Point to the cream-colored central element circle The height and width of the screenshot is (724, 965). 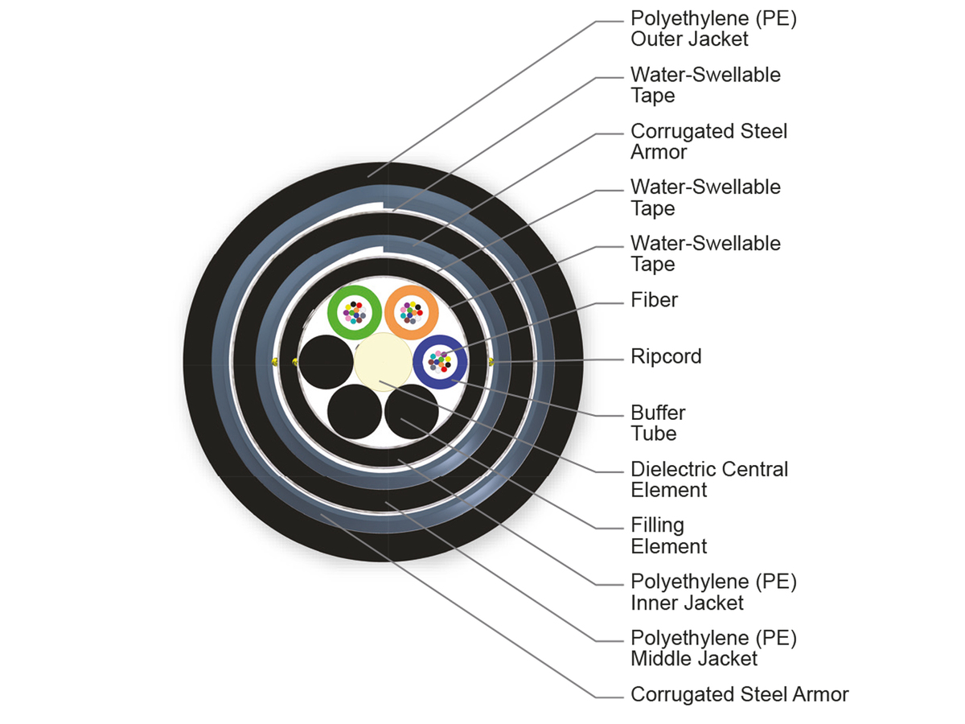[382, 362]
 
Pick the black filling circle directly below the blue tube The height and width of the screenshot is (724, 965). [411, 411]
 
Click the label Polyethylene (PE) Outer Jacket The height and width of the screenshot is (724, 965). [713, 29]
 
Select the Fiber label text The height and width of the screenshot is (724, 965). [654, 300]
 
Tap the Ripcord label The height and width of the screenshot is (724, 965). [666, 356]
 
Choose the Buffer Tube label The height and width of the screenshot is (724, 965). [658, 423]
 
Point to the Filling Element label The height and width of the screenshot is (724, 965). [668, 536]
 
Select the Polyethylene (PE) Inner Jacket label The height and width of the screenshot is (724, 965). [713, 591]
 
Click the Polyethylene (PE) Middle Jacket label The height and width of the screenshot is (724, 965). [713, 648]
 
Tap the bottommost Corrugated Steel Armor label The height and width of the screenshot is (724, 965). [739, 694]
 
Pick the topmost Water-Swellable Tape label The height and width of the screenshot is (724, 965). [705, 85]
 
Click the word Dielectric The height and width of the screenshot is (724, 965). [674, 469]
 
